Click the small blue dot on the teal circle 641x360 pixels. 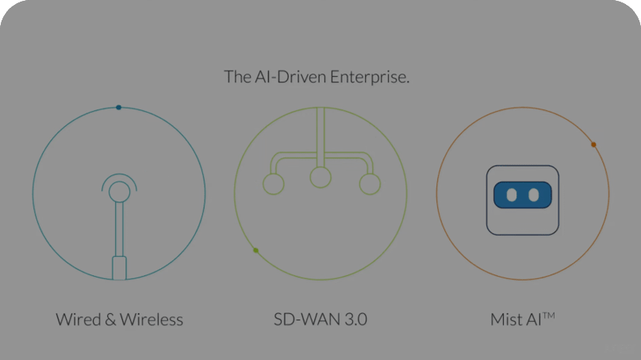tap(118, 107)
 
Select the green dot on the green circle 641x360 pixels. tap(255, 251)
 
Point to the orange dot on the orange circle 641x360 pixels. tap(593, 144)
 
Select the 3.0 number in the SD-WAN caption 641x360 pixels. tap(354, 320)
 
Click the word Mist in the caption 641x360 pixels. tap(505, 320)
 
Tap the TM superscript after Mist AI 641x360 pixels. tap(548, 316)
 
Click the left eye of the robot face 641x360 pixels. tap(512, 194)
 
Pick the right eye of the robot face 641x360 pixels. tap(533, 194)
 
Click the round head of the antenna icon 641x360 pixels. tap(119, 191)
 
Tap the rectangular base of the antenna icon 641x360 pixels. tap(119, 267)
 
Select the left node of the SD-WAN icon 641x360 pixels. tap(273, 184)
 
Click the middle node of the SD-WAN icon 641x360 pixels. tap(320, 178)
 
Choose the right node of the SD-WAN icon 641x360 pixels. tap(370, 184)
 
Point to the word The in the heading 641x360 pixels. tap(237, 77)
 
